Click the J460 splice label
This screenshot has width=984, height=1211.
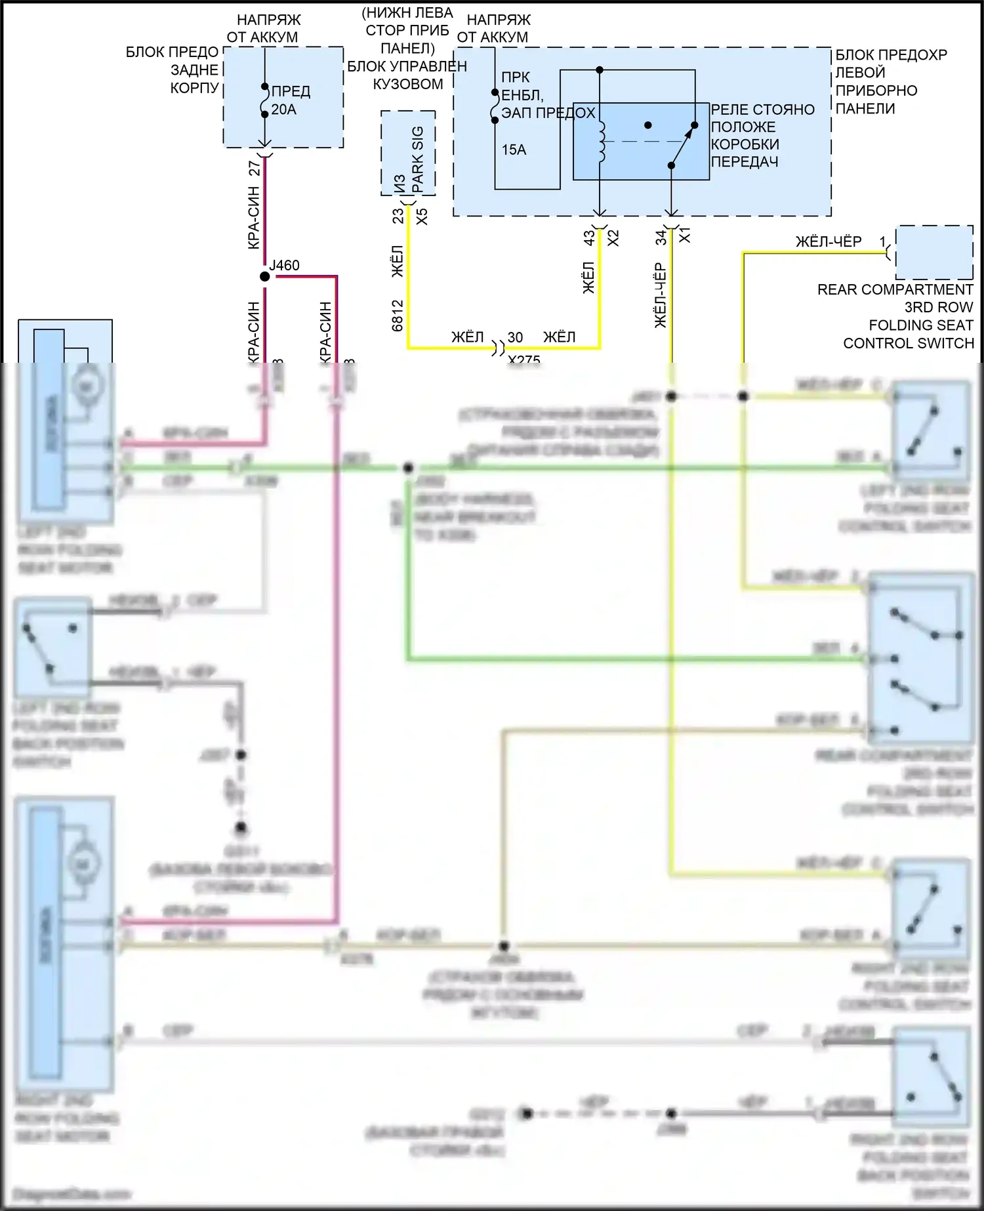click(x=285, y=266)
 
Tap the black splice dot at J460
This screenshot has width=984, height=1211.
click(x=265, y=277)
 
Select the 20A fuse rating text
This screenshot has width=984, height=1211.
click(x=284, y=110)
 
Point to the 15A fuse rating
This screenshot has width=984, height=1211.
click(x=514, y=150)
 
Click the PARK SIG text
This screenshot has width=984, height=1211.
click(x=417, y=159)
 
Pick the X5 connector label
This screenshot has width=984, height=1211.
click(x=422, y=216)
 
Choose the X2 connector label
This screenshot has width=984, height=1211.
click(x=613, y=237)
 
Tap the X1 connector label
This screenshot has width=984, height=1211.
click(x=685, y=236)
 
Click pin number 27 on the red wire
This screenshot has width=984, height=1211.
click(x=255, y=168)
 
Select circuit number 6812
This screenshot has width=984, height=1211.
click(x=398, y=316)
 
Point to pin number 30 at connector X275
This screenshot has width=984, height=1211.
click(x=516, y=337)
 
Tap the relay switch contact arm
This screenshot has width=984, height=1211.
click(x=682, y=146)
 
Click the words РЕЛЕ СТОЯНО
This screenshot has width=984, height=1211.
click(x=762, y=110)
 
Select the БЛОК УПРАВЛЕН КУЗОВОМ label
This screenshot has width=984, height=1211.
click(x=407, y=75)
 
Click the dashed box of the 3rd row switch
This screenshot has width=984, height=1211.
click(x=934, y=253)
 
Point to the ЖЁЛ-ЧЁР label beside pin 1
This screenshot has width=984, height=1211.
click(x=829, y=241)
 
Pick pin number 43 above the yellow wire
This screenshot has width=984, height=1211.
click(x=589, y=238)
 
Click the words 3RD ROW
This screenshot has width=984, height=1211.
click(x=939, y=307)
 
